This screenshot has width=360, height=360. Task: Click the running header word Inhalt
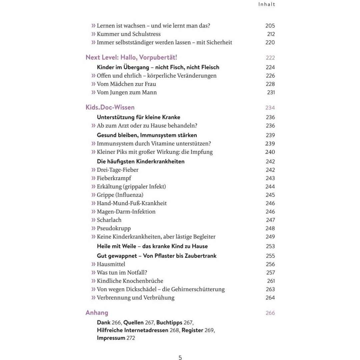tap(267, 4)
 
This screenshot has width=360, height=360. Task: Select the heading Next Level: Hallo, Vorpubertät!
tap(131, 57)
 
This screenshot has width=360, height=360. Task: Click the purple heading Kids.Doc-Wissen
tap(110, 107)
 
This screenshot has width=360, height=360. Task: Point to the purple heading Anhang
tap(97, 313)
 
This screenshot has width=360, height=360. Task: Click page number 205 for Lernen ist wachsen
tap(270, 26)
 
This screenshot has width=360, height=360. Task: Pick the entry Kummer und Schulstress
tap(128, 34)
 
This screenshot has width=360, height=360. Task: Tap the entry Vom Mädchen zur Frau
tap(126, 84)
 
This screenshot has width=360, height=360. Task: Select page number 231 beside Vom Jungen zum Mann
tap(271, 92)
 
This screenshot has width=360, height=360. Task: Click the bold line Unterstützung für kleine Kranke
tap(138, 117)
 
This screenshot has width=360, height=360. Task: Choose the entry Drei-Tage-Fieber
tap(117, 170)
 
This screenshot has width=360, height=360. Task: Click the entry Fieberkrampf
tap(114, 178)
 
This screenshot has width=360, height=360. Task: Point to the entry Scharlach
tap(109, 220)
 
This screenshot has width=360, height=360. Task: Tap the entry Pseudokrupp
tap(114, 228)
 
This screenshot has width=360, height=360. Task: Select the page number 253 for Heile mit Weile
tap(270, 246)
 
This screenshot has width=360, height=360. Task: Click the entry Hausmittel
tap(111, 264)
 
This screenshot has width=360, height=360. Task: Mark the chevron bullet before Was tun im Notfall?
tap(93, 273)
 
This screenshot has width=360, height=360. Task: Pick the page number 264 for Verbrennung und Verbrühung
tap(270, 298)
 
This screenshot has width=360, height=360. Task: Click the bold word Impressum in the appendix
tap(111, 338)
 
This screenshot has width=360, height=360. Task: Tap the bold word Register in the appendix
tap(192, 330)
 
